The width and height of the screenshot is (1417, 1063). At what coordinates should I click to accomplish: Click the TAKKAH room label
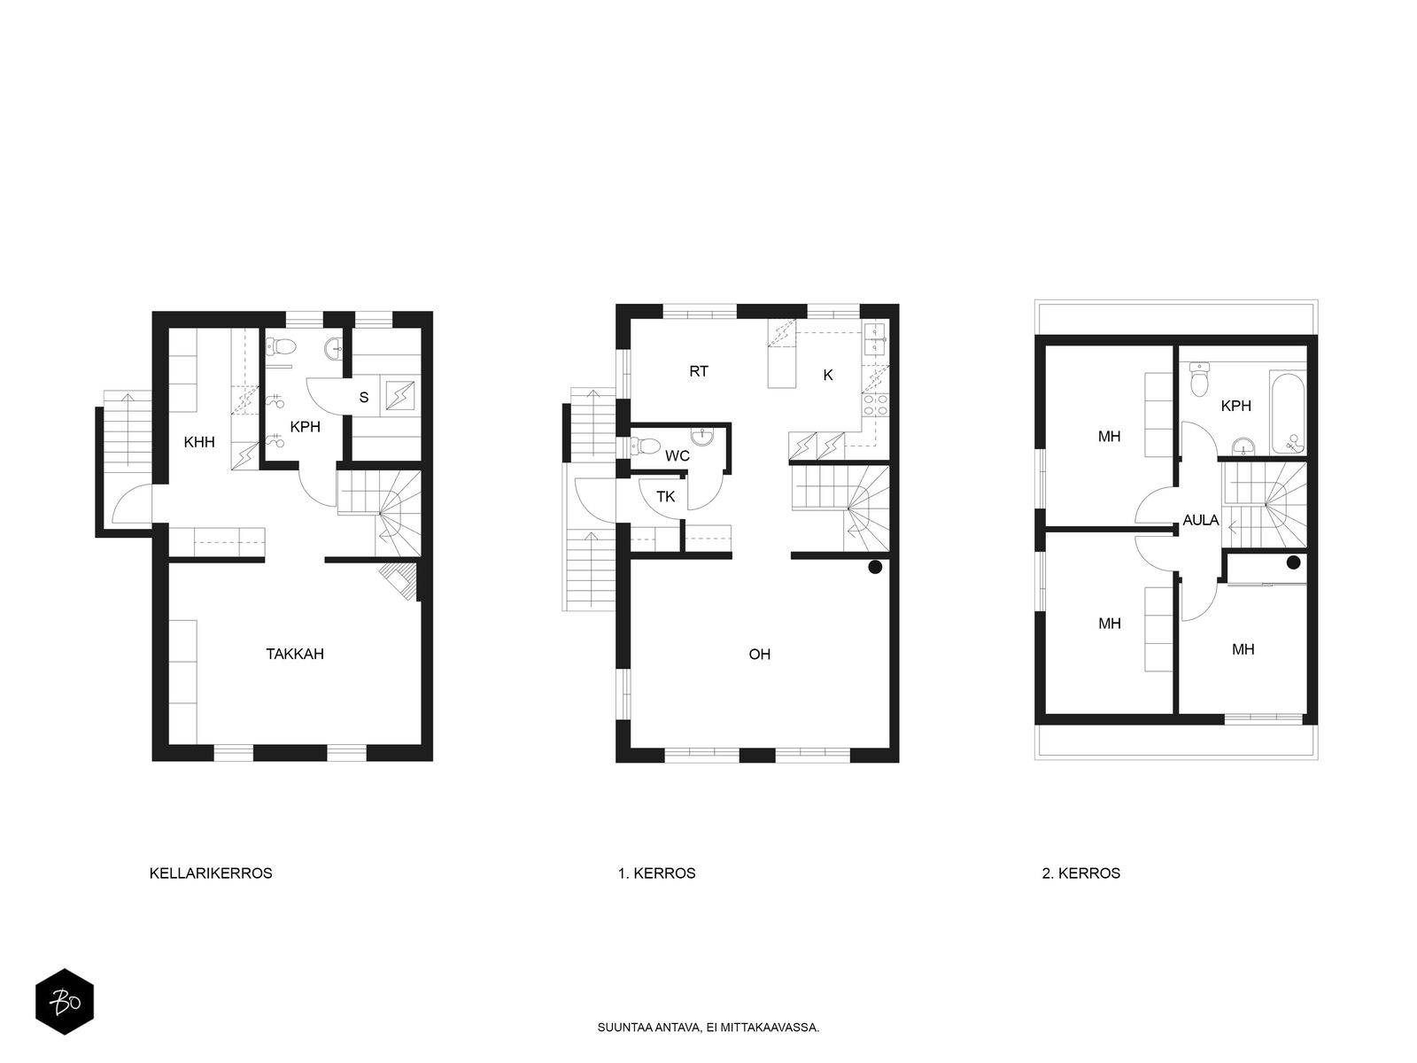click(294, 654)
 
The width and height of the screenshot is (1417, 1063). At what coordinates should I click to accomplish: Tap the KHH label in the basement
click(199, 442)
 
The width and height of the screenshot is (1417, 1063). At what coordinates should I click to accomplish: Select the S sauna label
click(364, 398)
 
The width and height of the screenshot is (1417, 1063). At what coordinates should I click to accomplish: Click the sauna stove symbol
click(399, 396)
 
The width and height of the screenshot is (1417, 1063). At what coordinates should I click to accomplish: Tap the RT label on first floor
click(699, 371)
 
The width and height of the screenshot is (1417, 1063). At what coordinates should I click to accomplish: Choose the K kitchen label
click(827, 375)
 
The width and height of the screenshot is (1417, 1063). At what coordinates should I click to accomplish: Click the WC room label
click(678, 455)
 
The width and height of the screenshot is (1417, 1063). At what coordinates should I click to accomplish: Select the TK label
click(666, 496)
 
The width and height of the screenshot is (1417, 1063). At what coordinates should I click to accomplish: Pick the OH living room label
click(759, 655)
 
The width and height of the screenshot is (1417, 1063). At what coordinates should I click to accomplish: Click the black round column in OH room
click(875, 567)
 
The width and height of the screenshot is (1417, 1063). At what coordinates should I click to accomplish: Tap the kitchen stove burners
click(875, 404)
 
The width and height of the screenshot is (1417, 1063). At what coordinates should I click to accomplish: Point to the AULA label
click(1201, 520)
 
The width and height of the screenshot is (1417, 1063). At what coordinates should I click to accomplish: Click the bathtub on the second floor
click(1288, 412)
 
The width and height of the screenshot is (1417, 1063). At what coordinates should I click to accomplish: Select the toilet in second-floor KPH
click(1199, 379)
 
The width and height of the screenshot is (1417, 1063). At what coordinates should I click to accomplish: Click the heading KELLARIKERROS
click(211, 873)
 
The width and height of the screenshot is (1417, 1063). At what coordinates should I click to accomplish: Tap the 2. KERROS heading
click(1080, 873)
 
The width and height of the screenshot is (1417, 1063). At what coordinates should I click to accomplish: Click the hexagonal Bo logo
click(65, 1001)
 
